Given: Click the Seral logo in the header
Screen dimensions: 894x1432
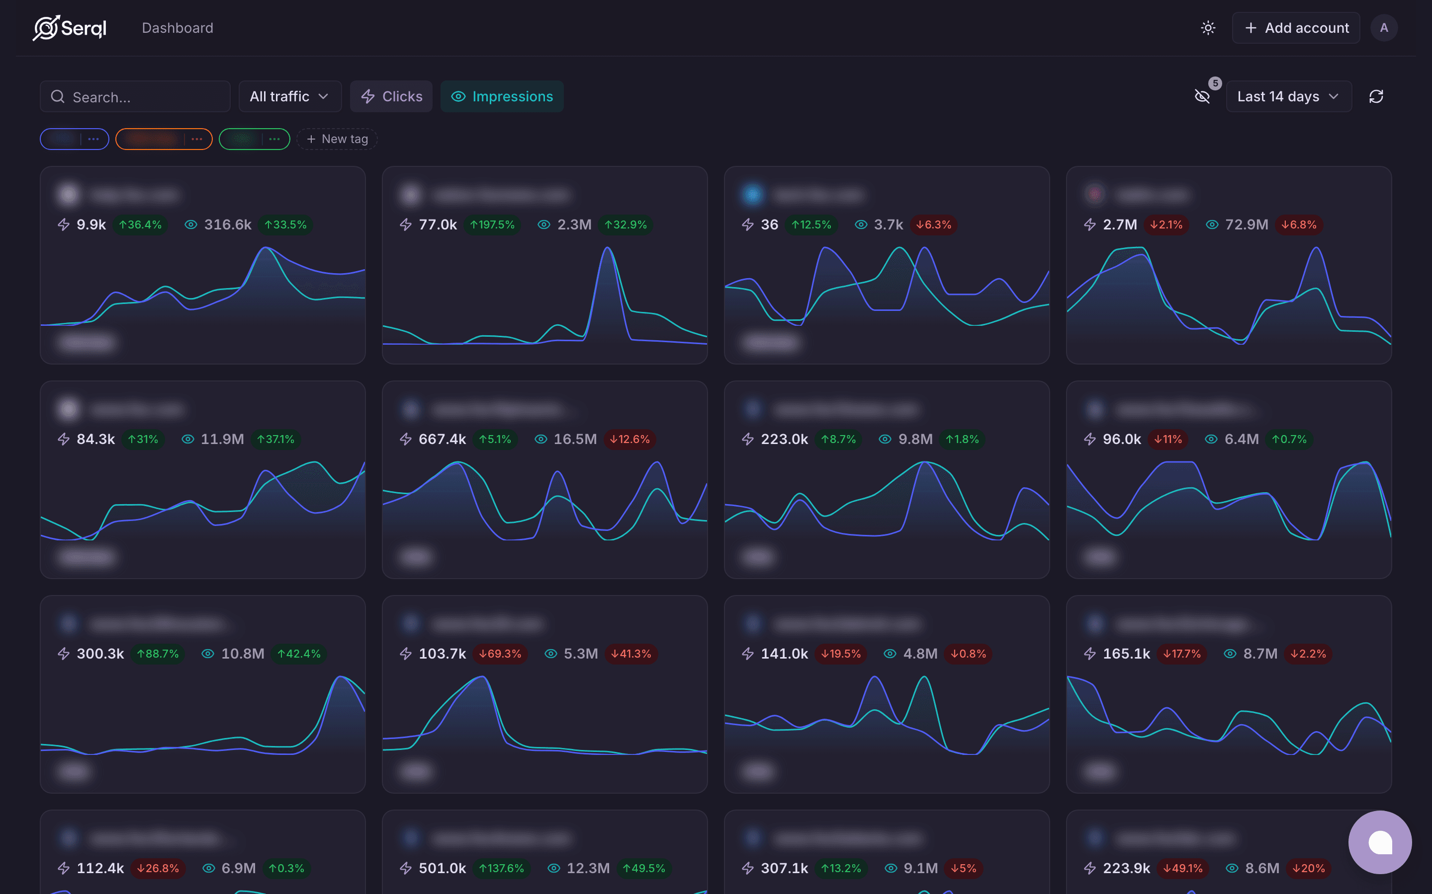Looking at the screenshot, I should pos(70,28).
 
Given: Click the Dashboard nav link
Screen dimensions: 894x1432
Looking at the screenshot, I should pos(178,28).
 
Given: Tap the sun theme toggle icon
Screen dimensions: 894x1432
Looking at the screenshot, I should pos(1208,28).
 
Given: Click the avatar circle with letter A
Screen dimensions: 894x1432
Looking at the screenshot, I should pos(1383,28).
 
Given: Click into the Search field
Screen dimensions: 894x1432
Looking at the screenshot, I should pos(142,96).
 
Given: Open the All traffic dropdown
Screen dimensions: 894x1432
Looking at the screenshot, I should pos(289,96).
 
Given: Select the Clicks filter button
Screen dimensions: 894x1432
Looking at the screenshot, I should pos(391,96).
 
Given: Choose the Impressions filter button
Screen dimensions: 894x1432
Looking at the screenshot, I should pos(502,96).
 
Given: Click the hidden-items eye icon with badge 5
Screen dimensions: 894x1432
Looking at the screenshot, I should pos(1202,96).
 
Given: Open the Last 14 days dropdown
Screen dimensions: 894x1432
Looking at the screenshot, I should pos(1288,96).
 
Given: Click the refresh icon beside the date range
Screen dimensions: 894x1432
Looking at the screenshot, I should pos(1376,96).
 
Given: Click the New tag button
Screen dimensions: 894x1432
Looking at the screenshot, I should pos(337,139).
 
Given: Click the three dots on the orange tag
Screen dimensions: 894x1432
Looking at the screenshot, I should pos(197,139).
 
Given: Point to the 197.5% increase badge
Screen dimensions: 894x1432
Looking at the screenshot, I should pos(492,224).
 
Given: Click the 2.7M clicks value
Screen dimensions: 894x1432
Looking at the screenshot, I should pos(1120,224).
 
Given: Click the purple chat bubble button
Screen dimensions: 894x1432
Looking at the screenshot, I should pos(1379,842).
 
